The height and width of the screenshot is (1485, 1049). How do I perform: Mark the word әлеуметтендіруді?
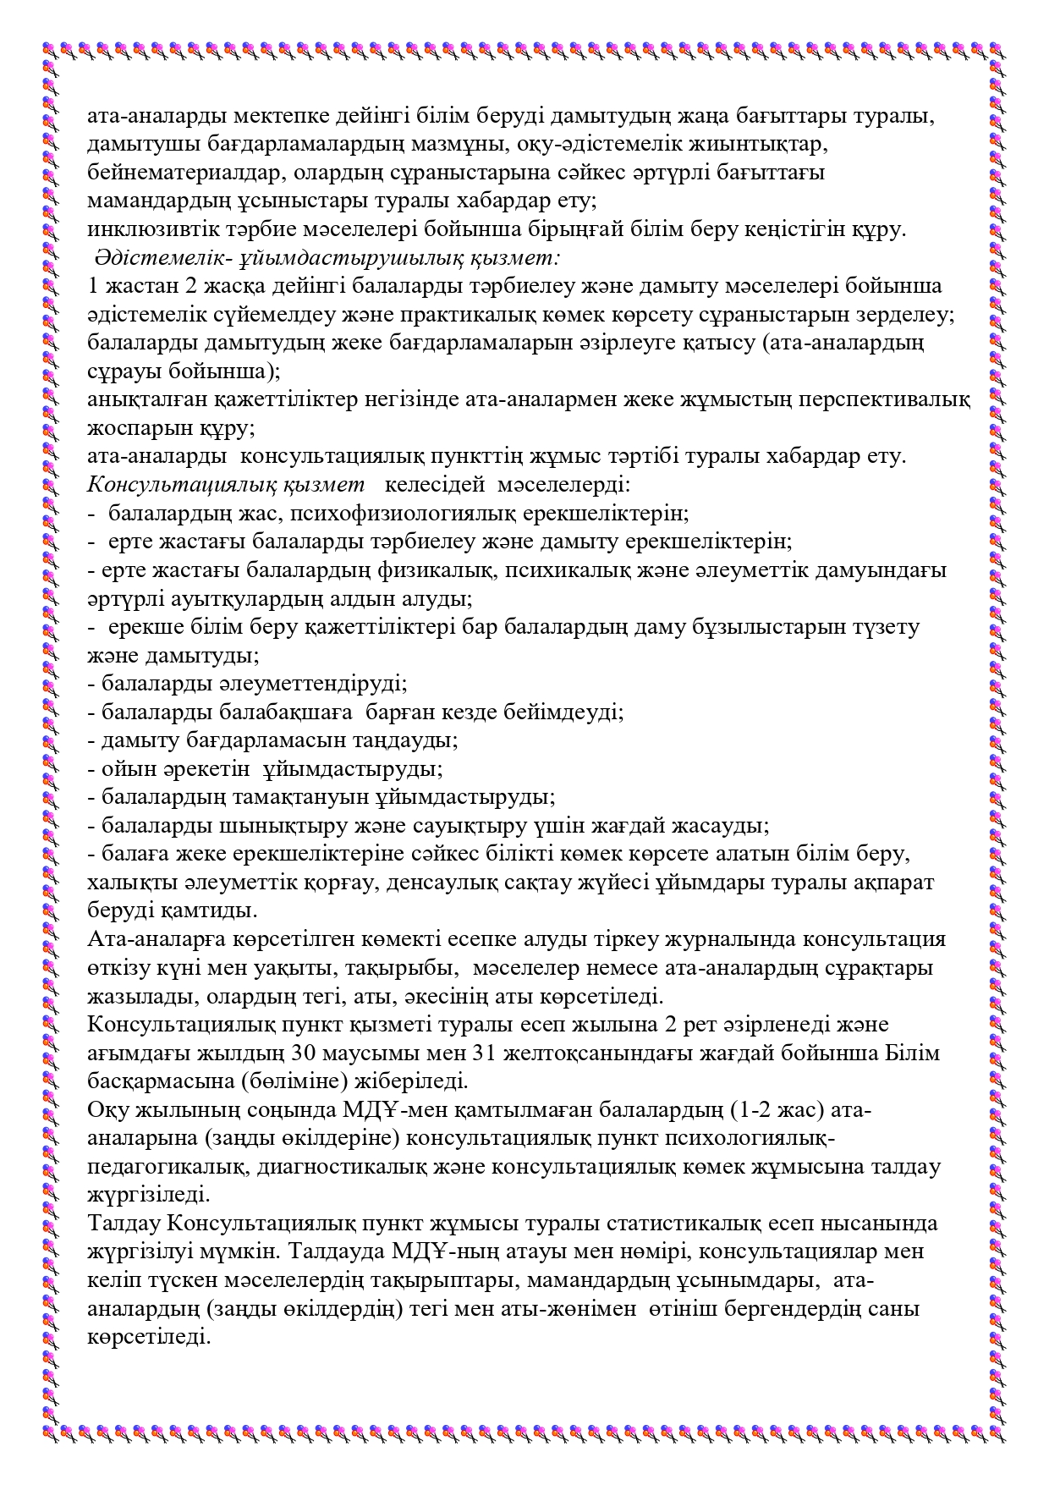(254, 683)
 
